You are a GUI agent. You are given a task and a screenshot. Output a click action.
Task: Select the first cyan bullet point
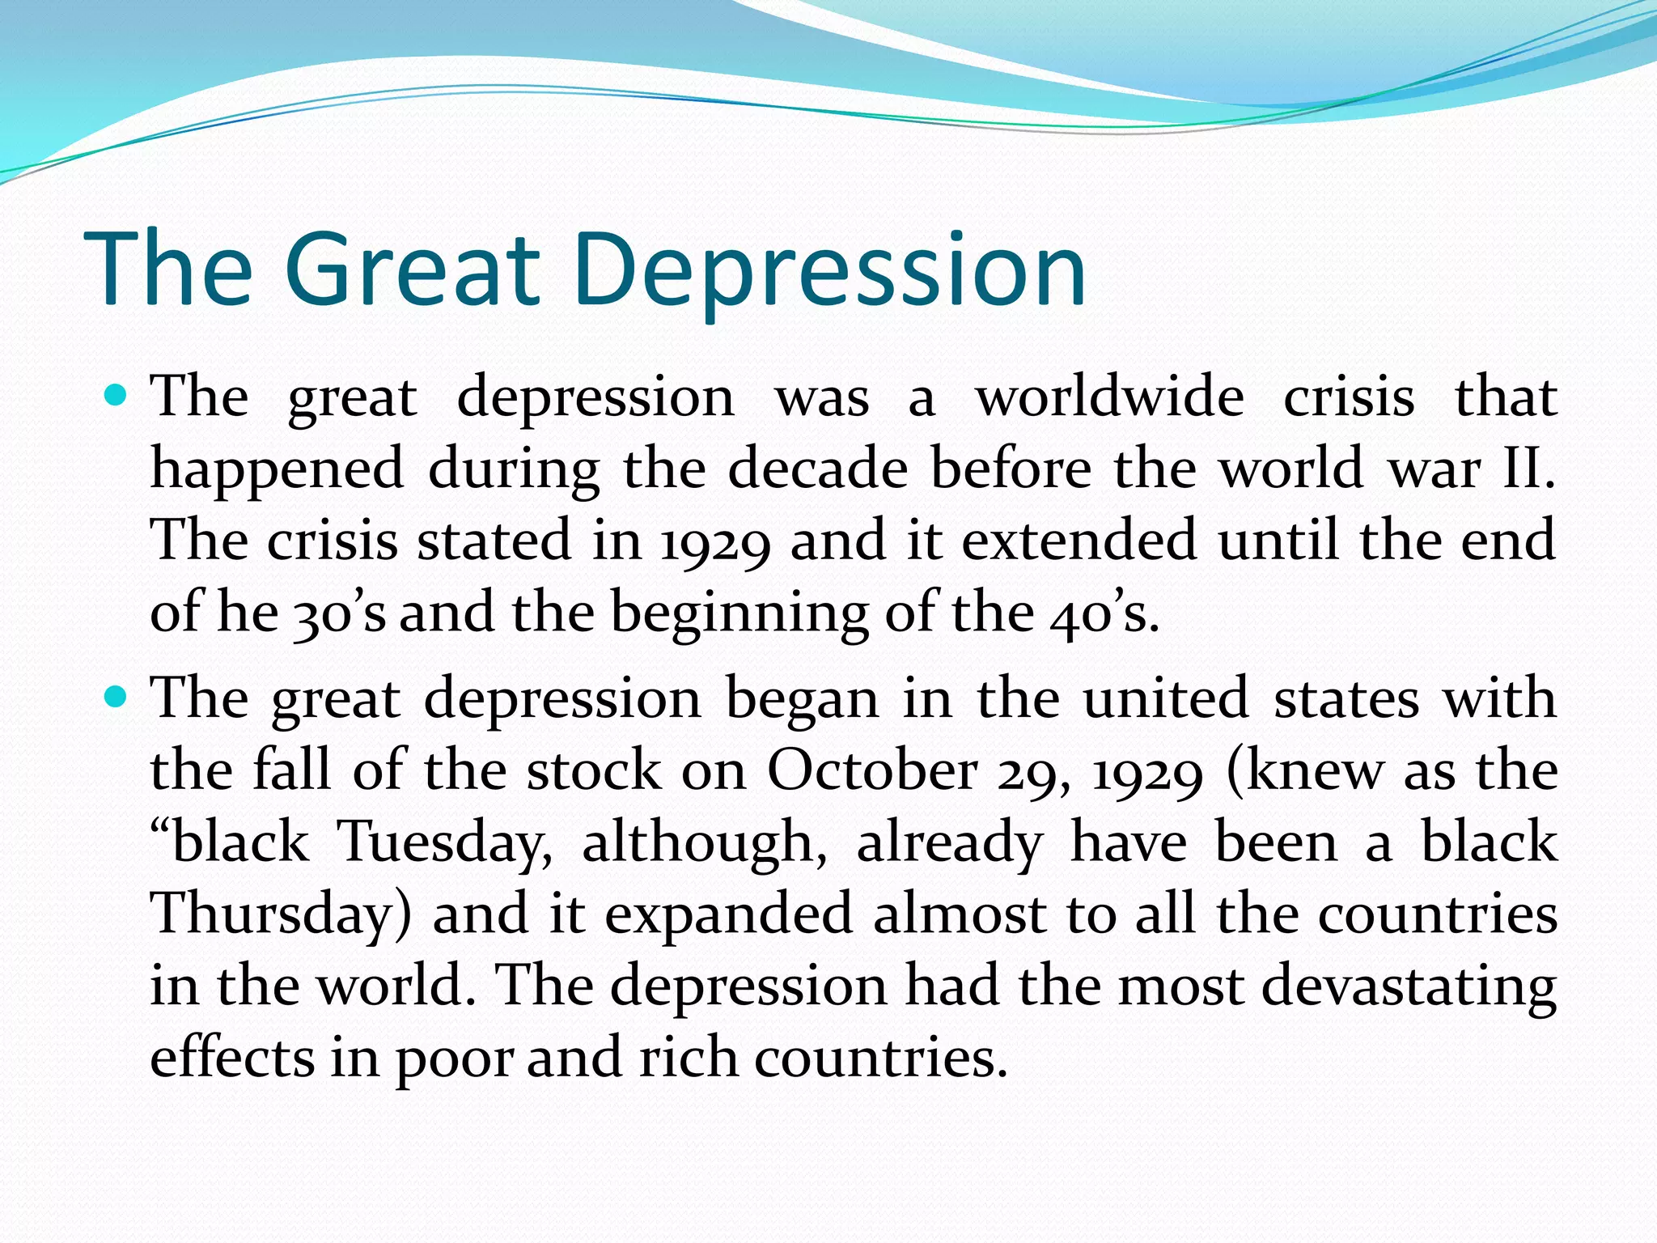(117, 396)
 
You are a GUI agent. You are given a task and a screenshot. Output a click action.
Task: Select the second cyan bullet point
(117, 696)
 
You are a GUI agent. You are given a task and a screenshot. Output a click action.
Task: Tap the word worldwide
(1109, 398)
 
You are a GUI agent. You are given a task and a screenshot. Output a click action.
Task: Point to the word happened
(277, 472)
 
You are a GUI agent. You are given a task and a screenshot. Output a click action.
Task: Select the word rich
(689, 1057)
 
